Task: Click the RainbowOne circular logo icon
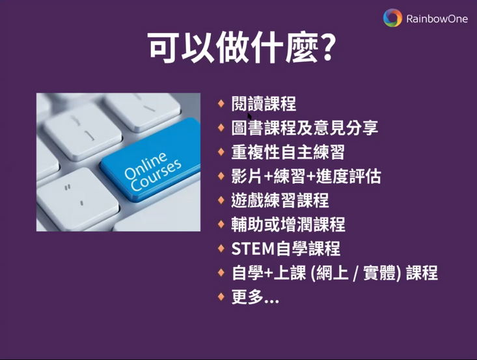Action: pos(392,18)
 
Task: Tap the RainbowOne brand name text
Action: pos(437,19)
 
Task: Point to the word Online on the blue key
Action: pos(145,166)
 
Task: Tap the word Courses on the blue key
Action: pos(156,176)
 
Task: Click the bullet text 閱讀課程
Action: pos(264,104)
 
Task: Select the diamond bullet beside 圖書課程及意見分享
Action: pos(221,127)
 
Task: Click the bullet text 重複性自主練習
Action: pos(288,152)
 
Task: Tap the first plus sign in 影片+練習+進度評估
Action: pos(268,177)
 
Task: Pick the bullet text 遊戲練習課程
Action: pos(280,201)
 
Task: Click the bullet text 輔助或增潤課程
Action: pos(288,225)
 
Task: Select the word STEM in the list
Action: pos(253,249)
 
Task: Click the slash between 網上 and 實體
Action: pos(355,273)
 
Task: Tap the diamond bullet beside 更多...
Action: pos(221,296)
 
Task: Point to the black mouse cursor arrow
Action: pos(250,117)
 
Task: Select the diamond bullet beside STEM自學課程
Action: pos(221,248)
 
